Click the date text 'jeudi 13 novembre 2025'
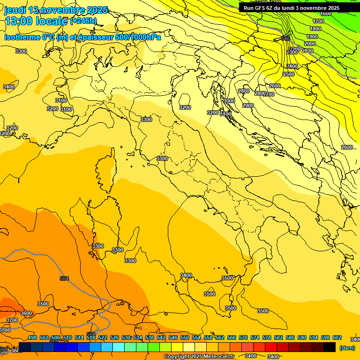[x=56, y=10]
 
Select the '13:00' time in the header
[x=18, y=21]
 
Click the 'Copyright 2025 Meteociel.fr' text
[x=199, y=357]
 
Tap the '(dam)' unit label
[x=346, y=348]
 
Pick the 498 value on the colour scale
[x=32, y=338]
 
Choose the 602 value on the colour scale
[x=337, y=338]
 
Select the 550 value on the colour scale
[x=185, y=338]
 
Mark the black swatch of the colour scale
[x=330, y=347]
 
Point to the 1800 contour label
[x=315, y=29]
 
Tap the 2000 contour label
[x=310, y=44]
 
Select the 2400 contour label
[x=292, y=66]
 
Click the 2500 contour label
[x=289, y=74]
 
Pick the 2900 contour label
[x=248, y=105]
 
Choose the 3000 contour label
[x=229, y=101]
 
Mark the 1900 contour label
[x=312, y=37]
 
